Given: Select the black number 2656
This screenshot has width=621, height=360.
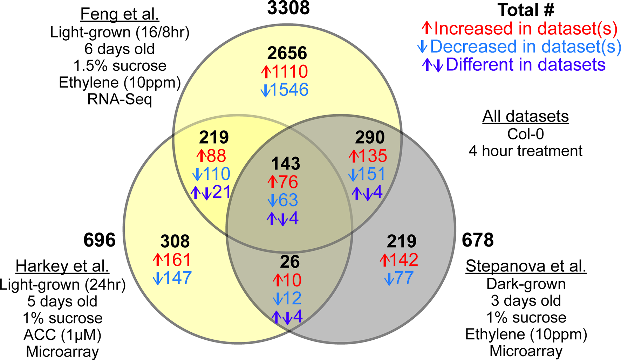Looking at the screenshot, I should coord(287,53).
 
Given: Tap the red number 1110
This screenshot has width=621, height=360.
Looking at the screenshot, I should coord(289,72).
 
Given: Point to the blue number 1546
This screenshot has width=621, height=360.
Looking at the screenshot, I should coord(289,90).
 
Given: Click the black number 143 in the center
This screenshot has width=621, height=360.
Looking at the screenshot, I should coord(285,164).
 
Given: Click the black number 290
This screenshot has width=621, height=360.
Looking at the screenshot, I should coord(370,137).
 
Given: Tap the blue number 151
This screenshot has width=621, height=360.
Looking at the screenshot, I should coord(372,174).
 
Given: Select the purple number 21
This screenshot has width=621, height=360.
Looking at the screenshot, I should coord(221,192).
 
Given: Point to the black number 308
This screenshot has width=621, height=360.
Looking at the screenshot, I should coord(175,241).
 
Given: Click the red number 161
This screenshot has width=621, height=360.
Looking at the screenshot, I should coord(177,260).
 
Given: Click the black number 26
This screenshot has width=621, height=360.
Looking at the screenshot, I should coord(290,262).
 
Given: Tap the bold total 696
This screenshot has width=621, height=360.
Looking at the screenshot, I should coord(99,240).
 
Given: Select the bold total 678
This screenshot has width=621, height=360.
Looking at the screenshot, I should coord(478,240).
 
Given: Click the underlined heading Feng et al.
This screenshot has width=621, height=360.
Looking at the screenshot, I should coord(120,14).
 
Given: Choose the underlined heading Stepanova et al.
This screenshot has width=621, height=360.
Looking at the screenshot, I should coord(526,266).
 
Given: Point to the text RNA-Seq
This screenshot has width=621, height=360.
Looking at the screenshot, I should coord(120,99).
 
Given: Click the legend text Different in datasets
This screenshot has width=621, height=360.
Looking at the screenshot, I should coord(525,65).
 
